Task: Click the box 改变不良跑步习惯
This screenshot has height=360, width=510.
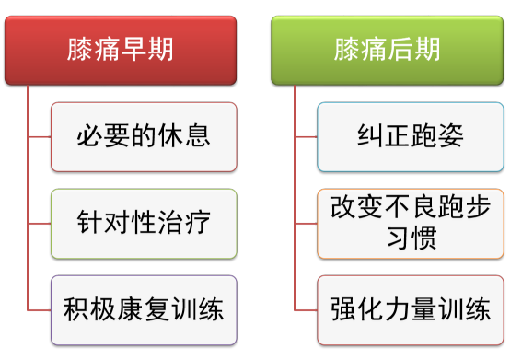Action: pos(410,224)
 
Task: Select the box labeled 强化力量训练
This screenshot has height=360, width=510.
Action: pos(410,309)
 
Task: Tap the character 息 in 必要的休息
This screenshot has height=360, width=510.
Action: pos(198,136)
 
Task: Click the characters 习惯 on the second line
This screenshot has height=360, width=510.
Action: pos(410,240)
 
